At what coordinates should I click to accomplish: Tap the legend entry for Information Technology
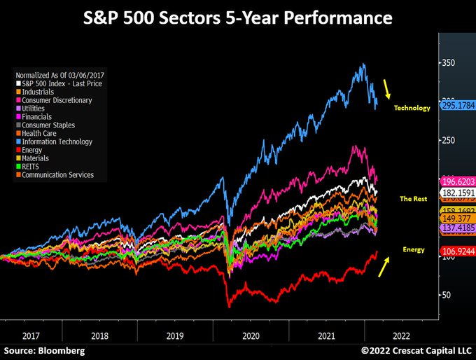point(57,142)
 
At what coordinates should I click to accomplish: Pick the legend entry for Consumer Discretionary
point(57,101)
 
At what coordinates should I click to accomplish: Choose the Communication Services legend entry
point(57,175)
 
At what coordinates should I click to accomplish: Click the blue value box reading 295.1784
point(457,105)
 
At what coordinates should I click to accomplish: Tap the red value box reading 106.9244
point(457,251)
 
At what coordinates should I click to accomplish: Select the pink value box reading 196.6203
point(457,181)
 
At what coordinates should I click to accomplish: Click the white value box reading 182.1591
point(457,193)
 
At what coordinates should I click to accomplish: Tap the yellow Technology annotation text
point(412,109)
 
